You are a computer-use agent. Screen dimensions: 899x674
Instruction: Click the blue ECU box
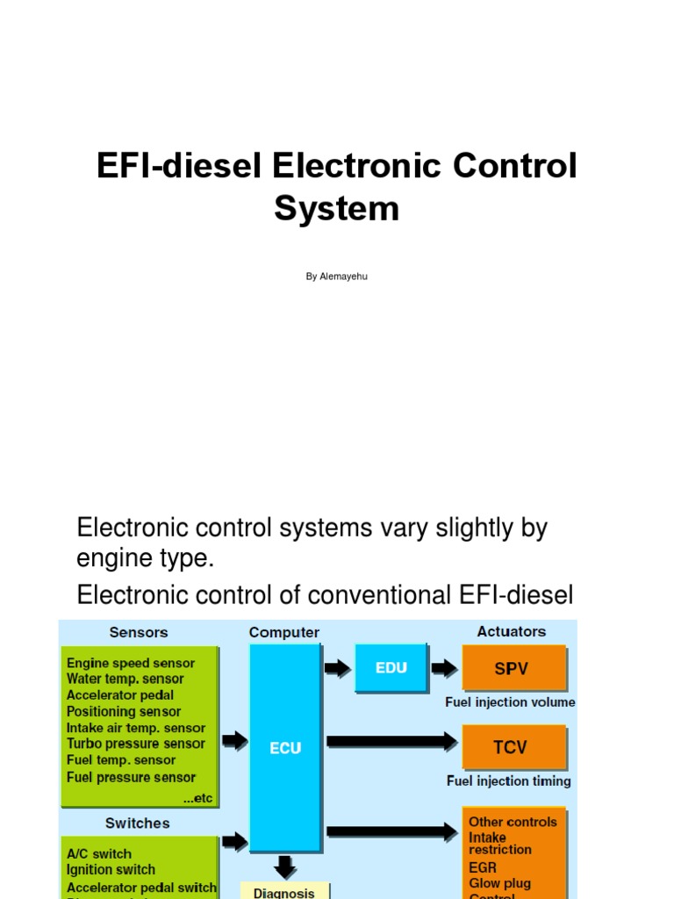click(x=285, y=747)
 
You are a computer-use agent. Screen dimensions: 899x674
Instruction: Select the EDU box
click(x=391, y=667)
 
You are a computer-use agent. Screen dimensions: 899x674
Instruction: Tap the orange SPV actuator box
click(x=513, y=668)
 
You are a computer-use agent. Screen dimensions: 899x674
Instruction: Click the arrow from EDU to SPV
click(x=445, y=669)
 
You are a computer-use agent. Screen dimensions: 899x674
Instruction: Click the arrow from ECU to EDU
click(x=337, y=669)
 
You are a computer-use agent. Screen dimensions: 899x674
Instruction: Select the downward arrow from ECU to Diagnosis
click(x=284, y=867)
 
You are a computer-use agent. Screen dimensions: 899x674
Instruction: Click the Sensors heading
click(x=139, y=632)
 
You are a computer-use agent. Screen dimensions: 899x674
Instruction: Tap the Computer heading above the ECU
click(x=284, y=632)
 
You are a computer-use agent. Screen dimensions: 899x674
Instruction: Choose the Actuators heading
click(x=512, y=631)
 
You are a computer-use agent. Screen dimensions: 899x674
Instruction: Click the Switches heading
click(x=138, y=823)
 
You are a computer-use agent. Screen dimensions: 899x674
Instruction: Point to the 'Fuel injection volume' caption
click(x=510, y=702)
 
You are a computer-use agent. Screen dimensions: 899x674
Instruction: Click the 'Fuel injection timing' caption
click(x=509, y=780)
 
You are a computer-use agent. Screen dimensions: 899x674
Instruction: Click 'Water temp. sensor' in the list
click(x=125, y=679)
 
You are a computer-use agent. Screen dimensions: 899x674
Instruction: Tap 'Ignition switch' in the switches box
click(x=111, y=870)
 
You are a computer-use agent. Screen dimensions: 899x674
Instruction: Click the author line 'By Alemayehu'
click(x=337, y=277)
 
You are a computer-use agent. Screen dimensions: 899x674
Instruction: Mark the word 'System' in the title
click(x=336, y=209)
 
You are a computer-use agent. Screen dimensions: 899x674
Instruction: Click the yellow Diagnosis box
click(x=284, y=890)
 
